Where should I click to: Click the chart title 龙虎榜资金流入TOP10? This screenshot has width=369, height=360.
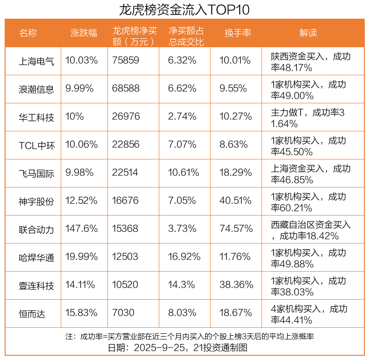point(184,9)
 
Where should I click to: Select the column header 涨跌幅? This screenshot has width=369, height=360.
point(84,33)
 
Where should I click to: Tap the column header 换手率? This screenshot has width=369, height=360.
point(238,33)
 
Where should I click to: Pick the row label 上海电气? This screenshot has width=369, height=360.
point(36,61)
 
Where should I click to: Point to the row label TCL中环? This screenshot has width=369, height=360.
point(36,145)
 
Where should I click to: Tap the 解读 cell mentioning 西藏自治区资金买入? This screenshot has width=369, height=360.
point(311,230)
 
